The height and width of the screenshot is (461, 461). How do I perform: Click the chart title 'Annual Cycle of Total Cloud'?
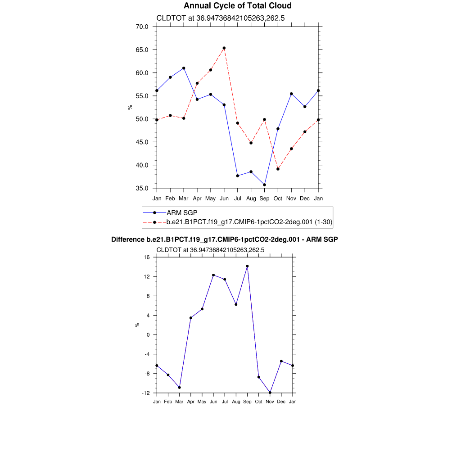238,6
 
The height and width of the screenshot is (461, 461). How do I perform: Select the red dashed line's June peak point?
224,48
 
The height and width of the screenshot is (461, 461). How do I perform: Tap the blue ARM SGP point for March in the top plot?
184,68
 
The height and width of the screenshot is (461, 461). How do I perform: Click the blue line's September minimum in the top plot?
264,185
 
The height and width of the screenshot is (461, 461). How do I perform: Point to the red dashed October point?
278,169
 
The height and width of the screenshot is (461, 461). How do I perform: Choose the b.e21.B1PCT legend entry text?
249,222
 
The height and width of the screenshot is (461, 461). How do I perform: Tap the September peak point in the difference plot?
247,266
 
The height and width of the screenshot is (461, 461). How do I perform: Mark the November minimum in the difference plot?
270,393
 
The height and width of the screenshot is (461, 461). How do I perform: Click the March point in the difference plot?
180,387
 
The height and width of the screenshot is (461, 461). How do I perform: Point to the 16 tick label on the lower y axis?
147,257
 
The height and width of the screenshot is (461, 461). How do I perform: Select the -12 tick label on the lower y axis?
145,393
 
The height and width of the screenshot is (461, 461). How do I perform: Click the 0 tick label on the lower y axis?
148,335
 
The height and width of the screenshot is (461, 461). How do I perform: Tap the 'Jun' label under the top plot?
224,198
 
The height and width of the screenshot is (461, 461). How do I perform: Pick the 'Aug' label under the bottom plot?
236,402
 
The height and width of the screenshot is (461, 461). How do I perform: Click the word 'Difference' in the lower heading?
128,240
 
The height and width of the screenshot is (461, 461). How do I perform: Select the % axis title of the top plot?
130,107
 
